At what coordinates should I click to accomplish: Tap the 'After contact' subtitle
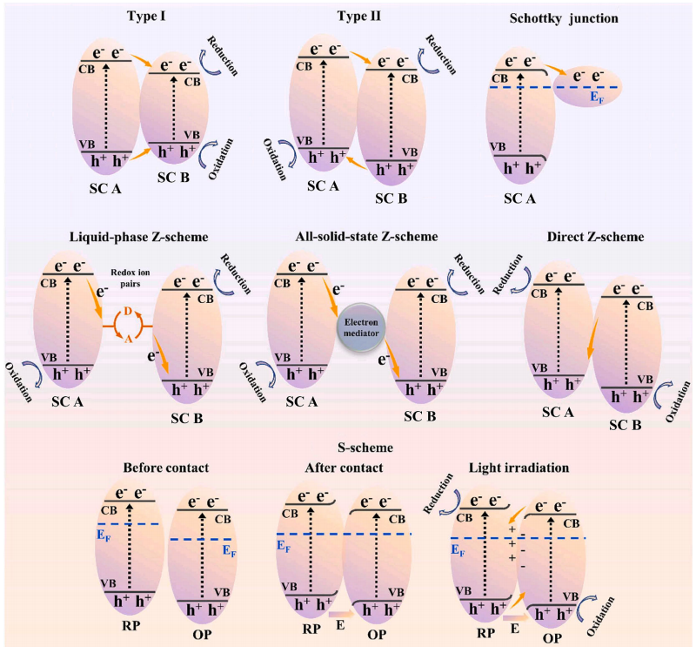click(345, 468)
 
